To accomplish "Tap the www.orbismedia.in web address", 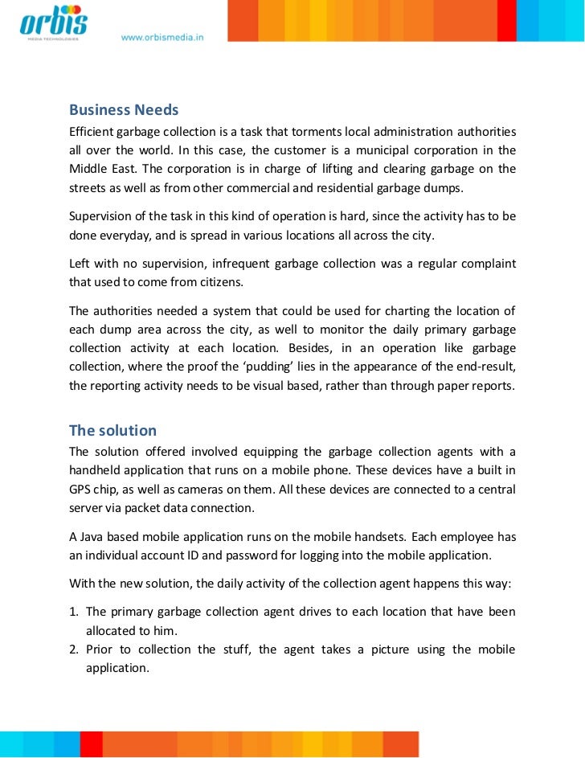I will tap(162, 37).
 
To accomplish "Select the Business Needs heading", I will tap(124, 109).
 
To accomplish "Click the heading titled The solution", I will tap(112, 430).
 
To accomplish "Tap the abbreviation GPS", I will tap(80, 490).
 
